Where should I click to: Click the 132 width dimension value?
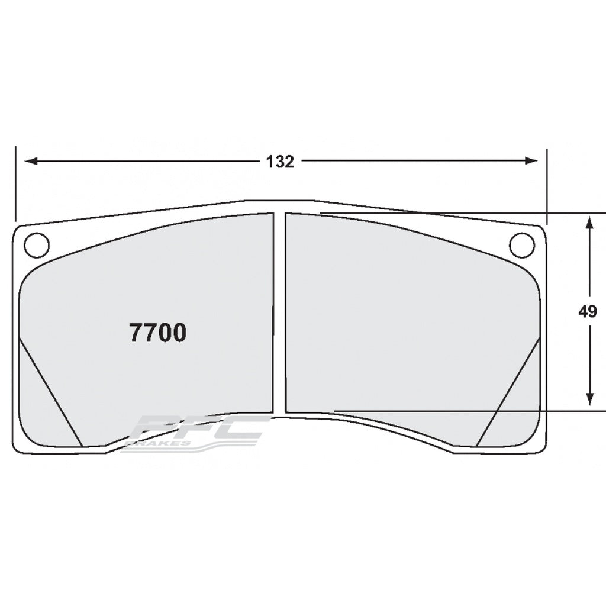pos(281,162)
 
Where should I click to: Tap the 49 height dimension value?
pos(588,312)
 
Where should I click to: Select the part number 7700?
pos(157,334)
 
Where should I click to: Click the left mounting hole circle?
pos(36,245)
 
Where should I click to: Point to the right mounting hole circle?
pos(521,245)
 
